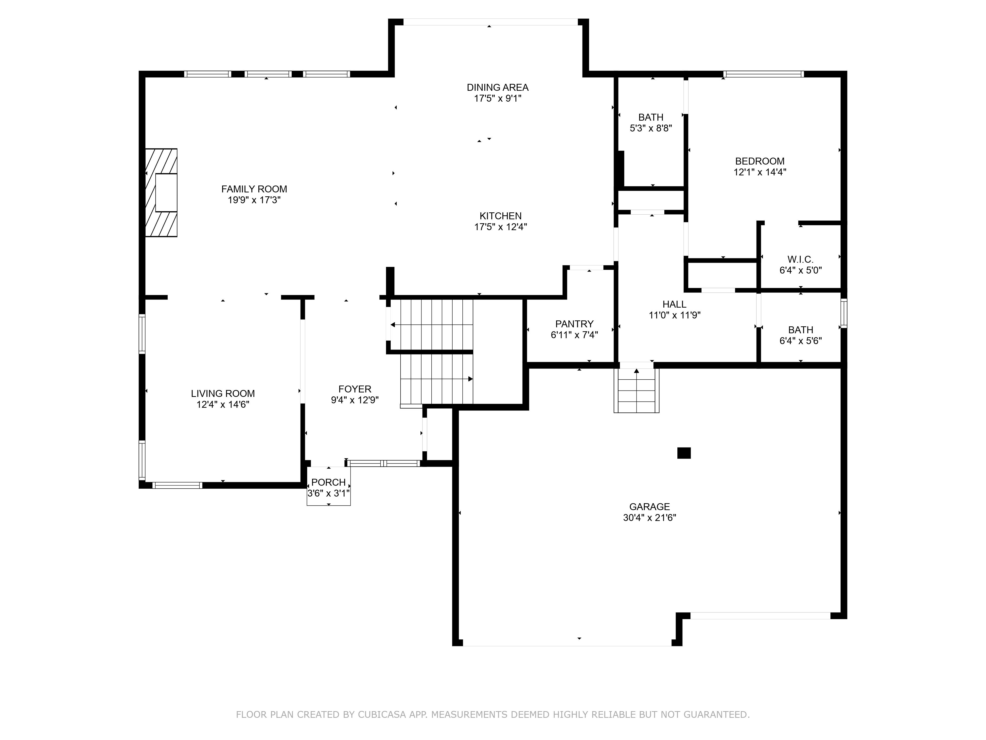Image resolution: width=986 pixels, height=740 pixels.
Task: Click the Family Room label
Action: [254, 189]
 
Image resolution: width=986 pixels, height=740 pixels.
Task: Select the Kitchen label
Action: [501, 216]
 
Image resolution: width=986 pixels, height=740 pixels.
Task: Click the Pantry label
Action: [574, 324]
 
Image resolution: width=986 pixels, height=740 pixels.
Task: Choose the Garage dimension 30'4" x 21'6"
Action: [650, 518]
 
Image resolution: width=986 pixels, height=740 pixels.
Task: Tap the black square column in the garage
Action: [684, 453]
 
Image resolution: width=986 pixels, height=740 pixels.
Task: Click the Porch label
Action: [329, 482]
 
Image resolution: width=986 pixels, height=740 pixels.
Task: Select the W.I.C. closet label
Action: [801, 259]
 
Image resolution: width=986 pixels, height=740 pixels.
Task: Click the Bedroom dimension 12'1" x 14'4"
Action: [760, 172]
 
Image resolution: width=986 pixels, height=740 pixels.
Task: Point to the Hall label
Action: [674, 304]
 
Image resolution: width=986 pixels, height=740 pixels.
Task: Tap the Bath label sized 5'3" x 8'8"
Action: [651, 117]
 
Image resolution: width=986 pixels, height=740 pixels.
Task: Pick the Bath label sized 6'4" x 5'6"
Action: [801, 330]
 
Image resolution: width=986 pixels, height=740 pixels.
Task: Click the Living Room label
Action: [223, 393]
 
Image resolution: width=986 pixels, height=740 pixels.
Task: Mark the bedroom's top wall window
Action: [764, 74]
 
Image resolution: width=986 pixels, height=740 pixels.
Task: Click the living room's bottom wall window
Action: [177, 485]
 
